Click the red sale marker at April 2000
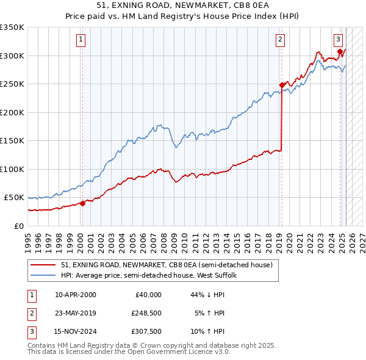point(82,204)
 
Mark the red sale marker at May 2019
point(282,85)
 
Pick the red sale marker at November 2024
point(340,52)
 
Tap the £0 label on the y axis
point(19,226)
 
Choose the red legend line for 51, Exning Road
point(43,265)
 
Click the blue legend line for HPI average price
point(43,275)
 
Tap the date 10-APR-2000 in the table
point(75,295)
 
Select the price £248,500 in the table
point(146,314)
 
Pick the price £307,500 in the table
point(146,333)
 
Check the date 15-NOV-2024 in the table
point(76,333)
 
